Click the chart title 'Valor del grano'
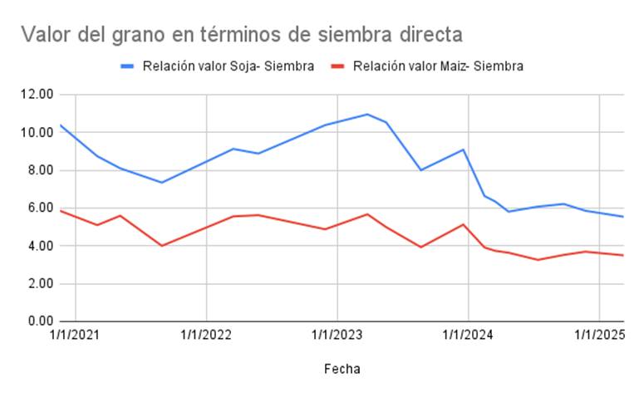point(241,34)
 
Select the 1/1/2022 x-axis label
point(205,336)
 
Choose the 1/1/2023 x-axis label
point(337,336)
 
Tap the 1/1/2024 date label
point(468,336)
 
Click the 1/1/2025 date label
point(599,336)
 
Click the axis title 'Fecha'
point(342,368)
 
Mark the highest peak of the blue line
point(366,115)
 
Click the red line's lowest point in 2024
point(538,260)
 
